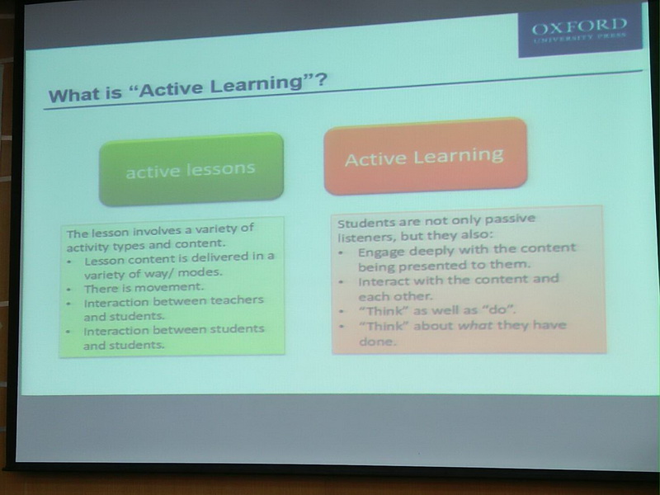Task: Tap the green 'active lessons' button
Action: pos(191,169)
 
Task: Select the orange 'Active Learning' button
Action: pos(425,156)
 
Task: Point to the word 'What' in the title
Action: pos(73,95)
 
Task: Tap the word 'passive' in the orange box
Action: pos(510,219)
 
